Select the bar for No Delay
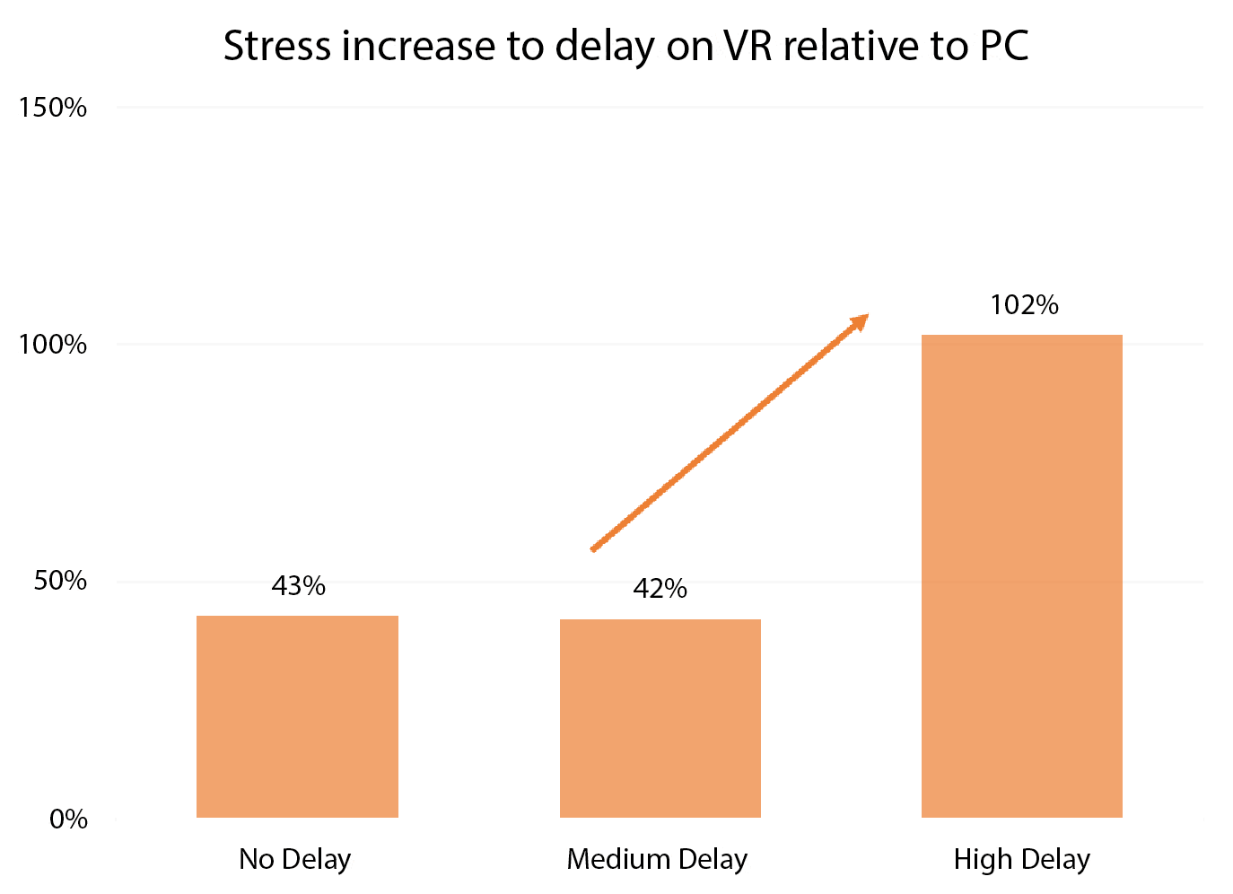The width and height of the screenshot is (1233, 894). (x=297, y=716)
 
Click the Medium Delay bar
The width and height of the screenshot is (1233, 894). (x=660, y=718)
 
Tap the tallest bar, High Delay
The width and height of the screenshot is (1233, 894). (x=1022, y=576)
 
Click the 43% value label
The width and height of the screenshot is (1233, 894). (x=298, y=586)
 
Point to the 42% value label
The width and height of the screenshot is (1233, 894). (x=660, y=589)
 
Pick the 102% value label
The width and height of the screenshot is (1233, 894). (x=1024, y=305)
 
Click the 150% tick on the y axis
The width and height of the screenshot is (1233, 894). (x=53, y=108)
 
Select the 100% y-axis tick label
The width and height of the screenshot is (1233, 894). (x=53, y=345)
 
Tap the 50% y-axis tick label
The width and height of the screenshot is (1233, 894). (x=60, y=581)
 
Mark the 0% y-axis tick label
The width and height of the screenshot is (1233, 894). (x=68, y=819)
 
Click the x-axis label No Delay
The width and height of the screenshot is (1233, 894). (x=294, y=859)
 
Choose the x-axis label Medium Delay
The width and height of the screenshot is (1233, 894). (x=657, y=859)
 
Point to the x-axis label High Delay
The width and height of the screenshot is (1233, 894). (x=1021, y=859)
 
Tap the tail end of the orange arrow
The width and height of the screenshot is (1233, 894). (x=593, y=548)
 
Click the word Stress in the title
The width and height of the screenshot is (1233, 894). (x=277, y=46)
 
